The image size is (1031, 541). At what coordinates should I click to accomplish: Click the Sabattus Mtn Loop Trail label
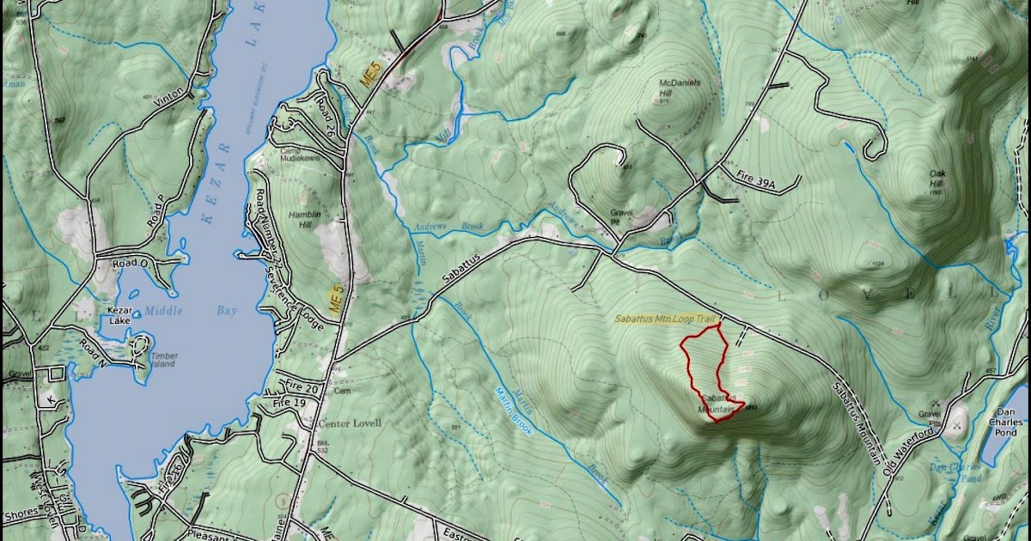click(664, 319)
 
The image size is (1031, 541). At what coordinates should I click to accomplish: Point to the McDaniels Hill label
click(680, 88)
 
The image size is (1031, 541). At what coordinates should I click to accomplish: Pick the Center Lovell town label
click(350, 423)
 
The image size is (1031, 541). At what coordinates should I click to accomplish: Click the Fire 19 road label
click(290, 402)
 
